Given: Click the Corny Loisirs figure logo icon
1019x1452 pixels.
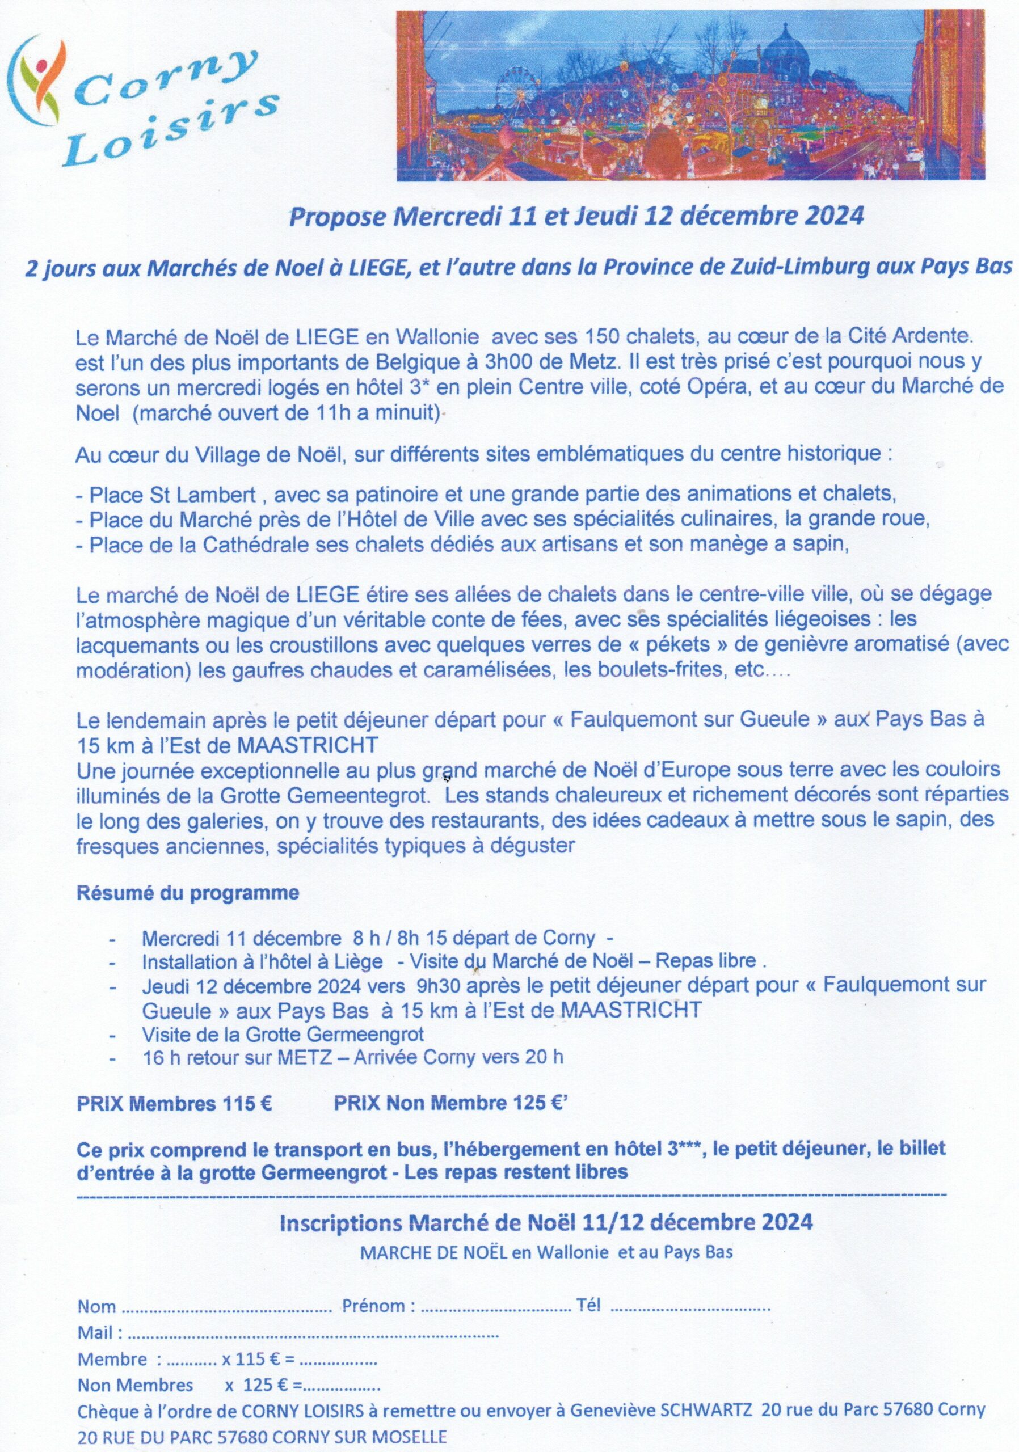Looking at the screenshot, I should [40, 82].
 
